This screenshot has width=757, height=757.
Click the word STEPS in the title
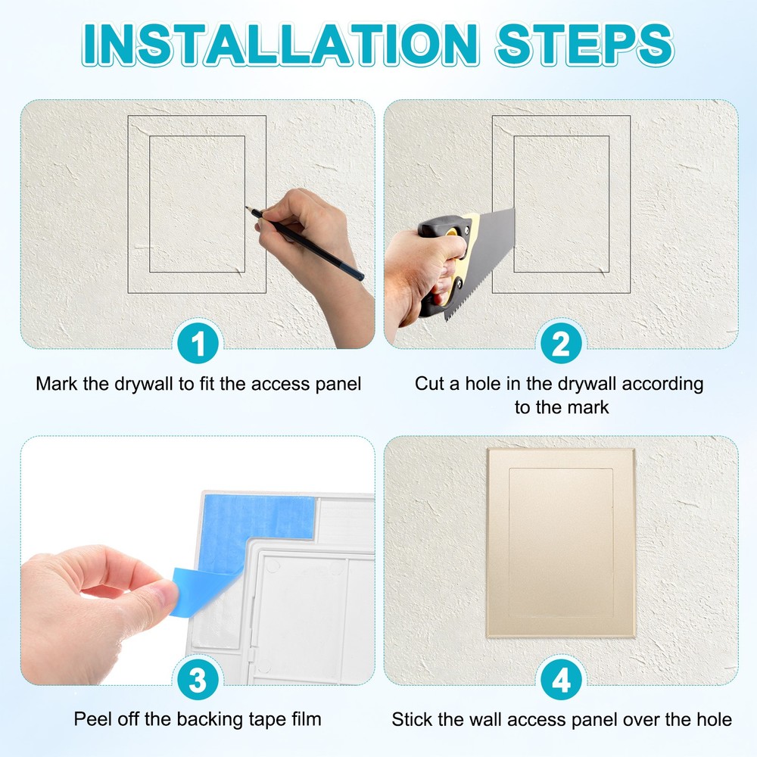(x=584, y=45)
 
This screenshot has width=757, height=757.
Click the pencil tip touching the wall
(x=249, y=208)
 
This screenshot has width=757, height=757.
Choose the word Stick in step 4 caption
(x=410, y=719)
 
